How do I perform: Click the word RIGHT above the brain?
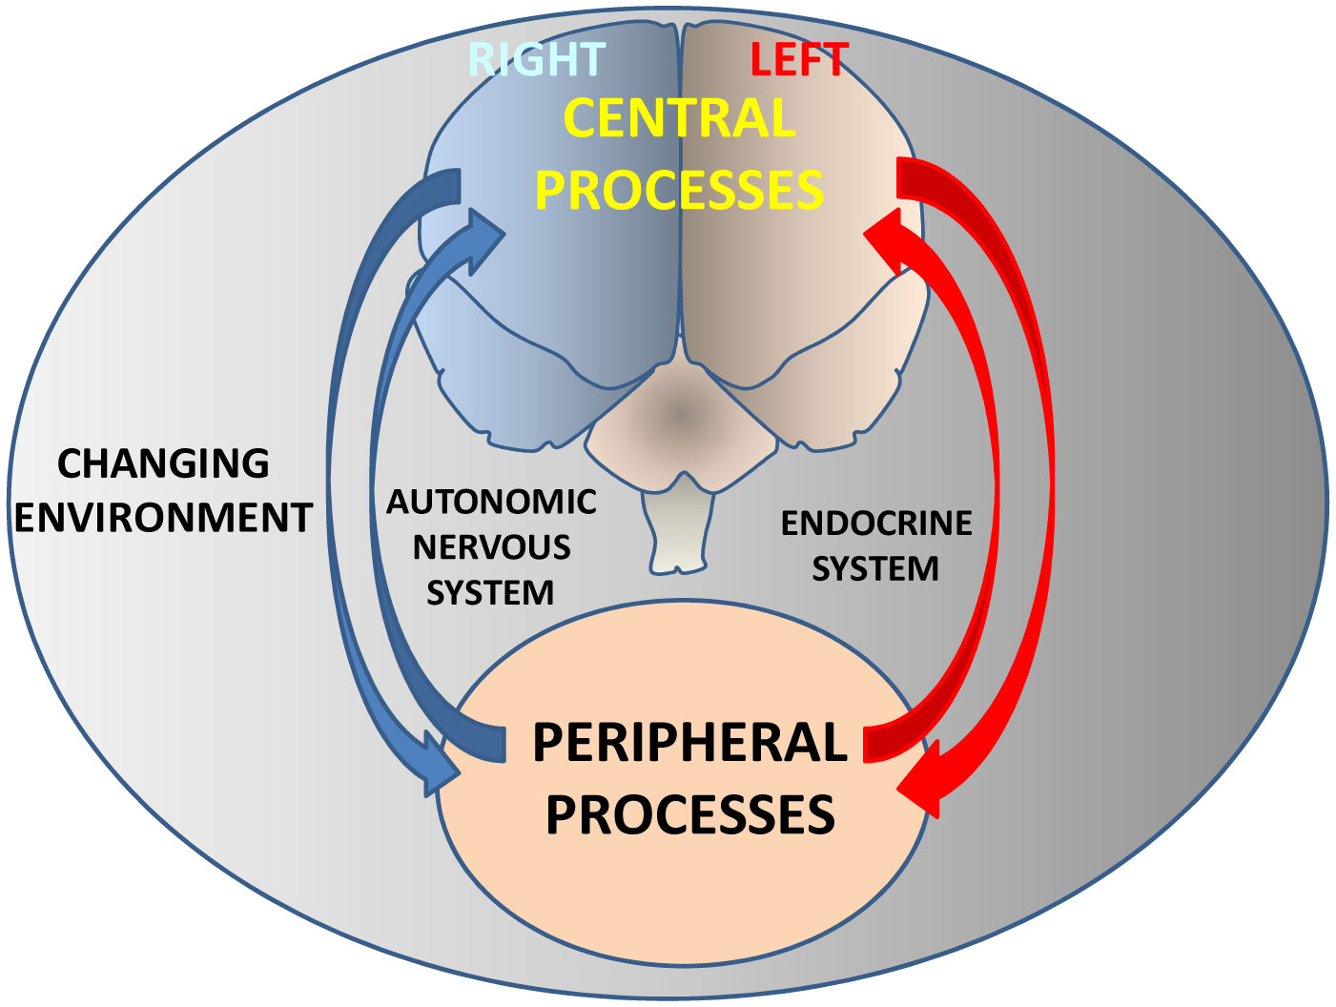(x=537, y=60)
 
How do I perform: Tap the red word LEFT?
(x=799, y=60)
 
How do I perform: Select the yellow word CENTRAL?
(x=679, y=119)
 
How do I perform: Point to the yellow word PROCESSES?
(x=679, y=190)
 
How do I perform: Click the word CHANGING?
(x=163, y=463)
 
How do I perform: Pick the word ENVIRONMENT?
(x=163, y=518)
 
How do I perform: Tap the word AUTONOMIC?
(x=491, y=502)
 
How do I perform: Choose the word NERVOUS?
(x=491, y=547)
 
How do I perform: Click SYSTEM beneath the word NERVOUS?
(x=490, y=593)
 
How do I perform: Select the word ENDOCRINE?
(x=876, y=524)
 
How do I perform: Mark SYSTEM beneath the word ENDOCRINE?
(x=875, y=569)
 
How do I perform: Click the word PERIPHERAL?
(x=689, y=743)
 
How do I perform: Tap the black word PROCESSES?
(x=689, y=815)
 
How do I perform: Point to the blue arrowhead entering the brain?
(x=482, y=237)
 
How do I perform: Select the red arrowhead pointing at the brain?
(x=887, y=238)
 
